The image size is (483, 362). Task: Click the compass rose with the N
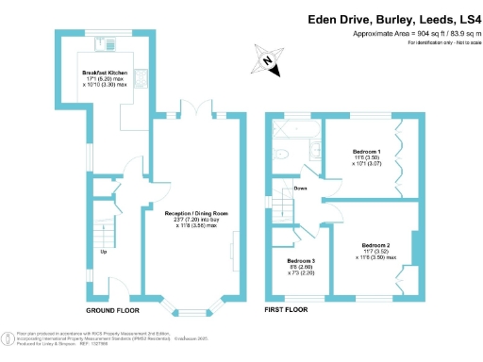pyautogui.click(x=267, y=62)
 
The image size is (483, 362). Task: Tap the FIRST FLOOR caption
pyautogui.click(x=288, y=310)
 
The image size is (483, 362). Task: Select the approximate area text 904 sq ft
pyautogui.click(x=405, y=33)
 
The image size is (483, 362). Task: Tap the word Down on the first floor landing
pyautogui.click(x=301, y=187)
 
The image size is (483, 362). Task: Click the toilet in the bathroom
pyautogui.click(x=278, y=154)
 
